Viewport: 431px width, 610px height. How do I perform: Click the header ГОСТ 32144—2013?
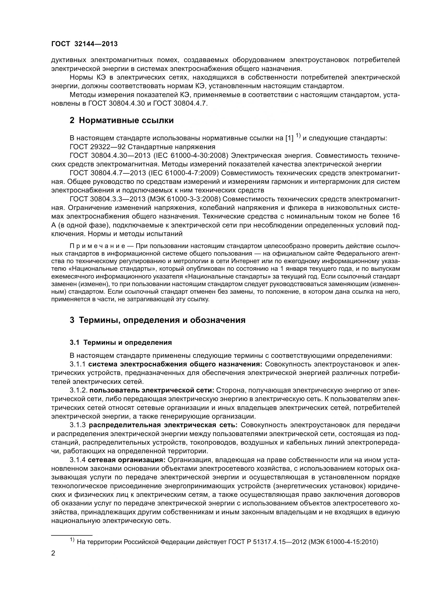click(x=84, y=44)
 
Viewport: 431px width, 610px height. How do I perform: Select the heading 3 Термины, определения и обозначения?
click(x=157, y=320)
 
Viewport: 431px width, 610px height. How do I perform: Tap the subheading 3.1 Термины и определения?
click(x=121, y=342)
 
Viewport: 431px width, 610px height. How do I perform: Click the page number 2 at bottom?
click(x=53, y=553)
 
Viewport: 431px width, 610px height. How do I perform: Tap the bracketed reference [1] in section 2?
click(x=289, y=138)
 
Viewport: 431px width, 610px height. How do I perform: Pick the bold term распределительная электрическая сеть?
click(x=163, y=425)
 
